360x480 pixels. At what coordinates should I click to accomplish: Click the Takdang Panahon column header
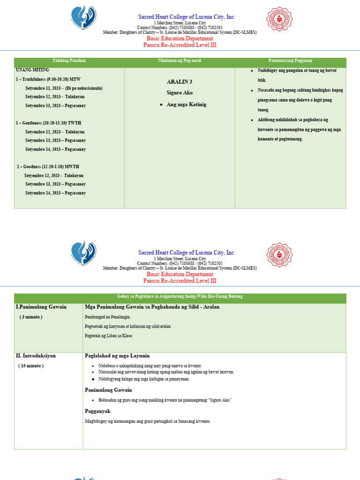(69, 61)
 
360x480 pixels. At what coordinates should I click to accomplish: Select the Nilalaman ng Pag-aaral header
(180, 61)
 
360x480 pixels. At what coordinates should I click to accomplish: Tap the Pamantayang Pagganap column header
(290, 61)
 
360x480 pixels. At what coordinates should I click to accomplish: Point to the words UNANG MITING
(32, 70)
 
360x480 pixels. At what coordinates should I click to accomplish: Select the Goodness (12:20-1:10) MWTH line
(48, 166)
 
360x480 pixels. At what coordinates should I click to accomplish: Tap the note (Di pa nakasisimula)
(84, 88)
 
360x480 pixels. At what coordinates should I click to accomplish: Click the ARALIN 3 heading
(180, 82)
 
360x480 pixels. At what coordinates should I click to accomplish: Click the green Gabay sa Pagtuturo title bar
(180, 297)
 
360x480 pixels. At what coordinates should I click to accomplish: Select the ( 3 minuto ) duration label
(31, 317)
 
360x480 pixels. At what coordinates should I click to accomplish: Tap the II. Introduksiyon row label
(36, 356)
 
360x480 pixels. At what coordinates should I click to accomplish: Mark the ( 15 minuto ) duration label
(31, 366)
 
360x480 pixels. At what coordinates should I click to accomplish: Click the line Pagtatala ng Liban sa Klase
(108, 336)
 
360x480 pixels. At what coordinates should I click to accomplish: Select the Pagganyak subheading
(97, 411)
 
